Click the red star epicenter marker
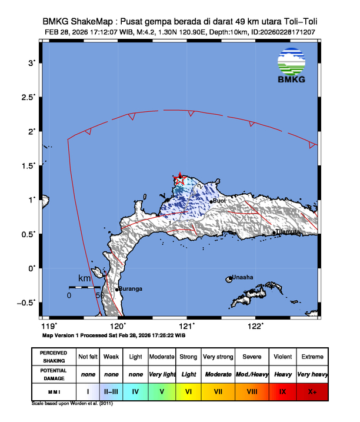(x=179, y=178)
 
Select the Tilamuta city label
(x=288, y=232)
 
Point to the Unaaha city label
(x=242, y=278)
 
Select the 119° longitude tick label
(x=49, y=326)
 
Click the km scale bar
(x=84, y=287)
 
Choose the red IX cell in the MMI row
(x=282, y=391)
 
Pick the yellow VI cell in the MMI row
(x=188, y=391)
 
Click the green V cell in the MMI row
(x=162, y=391)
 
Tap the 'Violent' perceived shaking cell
(x=282, y=357)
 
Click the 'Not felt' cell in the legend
(x=88, y=357)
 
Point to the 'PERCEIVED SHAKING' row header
(x=54, y=357)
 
